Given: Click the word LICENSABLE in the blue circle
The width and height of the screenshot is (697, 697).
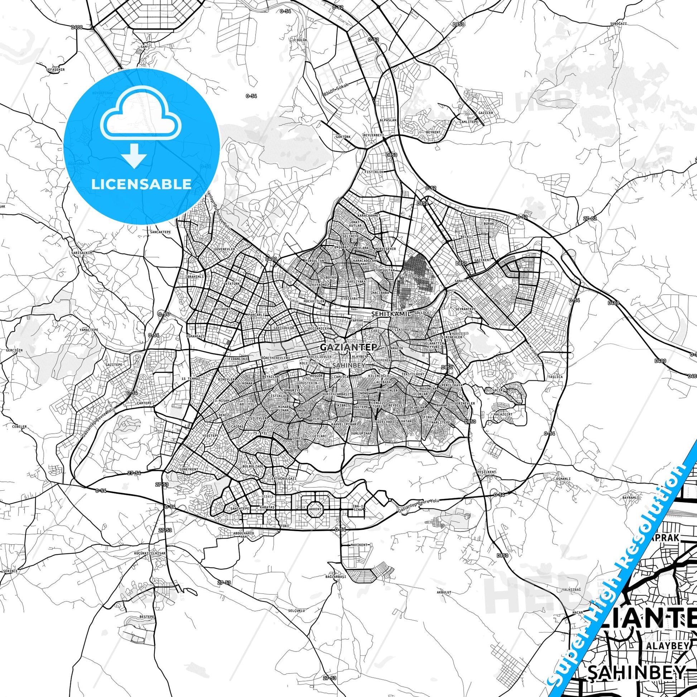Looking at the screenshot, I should (x=141, y=184).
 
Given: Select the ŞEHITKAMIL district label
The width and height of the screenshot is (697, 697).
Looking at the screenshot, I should (x=391, y=314).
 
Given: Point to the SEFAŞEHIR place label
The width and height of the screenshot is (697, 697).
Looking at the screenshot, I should (x=56, y=69).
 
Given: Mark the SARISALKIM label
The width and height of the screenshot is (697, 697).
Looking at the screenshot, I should (x=83, y=253).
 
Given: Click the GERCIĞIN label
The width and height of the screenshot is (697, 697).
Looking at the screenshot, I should (x=14, y=350).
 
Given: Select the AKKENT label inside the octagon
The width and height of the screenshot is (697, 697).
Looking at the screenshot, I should (x=315, y=509).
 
